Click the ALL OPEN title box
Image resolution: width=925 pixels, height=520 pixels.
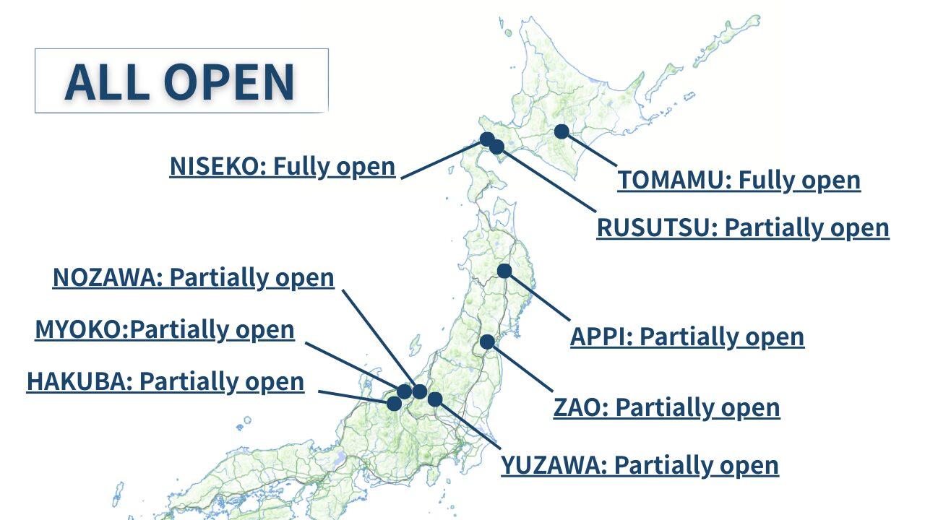coord(181,80)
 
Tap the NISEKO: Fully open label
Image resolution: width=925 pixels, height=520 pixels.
coord(283,167)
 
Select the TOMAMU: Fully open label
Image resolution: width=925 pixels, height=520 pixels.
coord(739,181)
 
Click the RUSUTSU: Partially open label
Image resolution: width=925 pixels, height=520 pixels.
coord(743,228)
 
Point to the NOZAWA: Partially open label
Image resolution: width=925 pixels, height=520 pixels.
coord(193,278)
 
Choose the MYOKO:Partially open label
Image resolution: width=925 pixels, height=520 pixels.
coord(165,330)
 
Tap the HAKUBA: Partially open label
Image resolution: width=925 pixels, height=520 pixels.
coord(165,382)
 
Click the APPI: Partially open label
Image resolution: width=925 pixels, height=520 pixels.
coord(687,337)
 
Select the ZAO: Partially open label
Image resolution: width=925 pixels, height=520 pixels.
coord(666,408)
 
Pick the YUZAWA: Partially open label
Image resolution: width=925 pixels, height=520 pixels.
coord(640,466)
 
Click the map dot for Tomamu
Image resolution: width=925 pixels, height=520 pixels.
coord(562,131)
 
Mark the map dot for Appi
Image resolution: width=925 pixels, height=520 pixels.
coord(504,271)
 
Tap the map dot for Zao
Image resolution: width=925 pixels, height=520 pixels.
coord(487,342)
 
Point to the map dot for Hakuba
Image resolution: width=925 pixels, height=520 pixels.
coord(395,403)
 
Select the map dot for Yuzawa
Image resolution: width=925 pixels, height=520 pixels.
coord(435,399)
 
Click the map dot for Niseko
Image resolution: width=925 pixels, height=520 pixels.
coord(487,139)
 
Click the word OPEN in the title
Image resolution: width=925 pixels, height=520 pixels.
coord(229,82)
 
